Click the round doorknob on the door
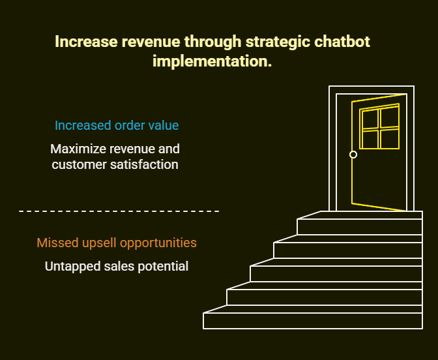tap(353, 155)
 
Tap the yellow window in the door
tap(380, 128)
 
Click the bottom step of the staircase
tap(313, 321)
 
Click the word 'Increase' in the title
tap(86, 42)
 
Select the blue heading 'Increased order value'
tap(117, 125)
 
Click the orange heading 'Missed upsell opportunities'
tap(117, 243)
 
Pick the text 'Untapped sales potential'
tap(117, 266)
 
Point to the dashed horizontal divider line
tap(119, 211)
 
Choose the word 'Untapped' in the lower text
tap(71, 266)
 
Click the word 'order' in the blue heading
tap(133, 125)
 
